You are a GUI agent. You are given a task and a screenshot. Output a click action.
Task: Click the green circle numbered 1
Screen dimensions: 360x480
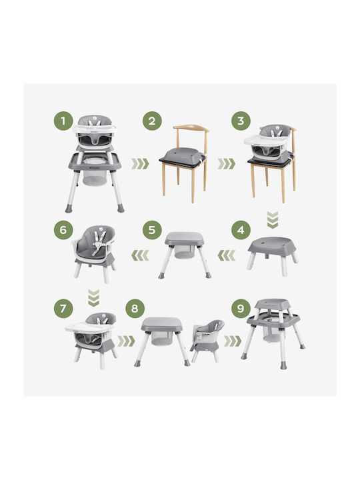click(x=63, y=121)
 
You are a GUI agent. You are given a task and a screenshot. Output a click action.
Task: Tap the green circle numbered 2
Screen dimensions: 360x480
click(x=152, y=121)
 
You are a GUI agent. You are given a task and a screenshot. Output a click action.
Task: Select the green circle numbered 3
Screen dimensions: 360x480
click(x=241, y=121)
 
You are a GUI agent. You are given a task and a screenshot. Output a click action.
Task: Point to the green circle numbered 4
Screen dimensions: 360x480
click(x=241, y=230)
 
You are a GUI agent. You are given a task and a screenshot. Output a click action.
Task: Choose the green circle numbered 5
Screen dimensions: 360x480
click(x=152, y=230)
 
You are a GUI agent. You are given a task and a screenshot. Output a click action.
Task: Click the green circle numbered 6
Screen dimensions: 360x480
click(x=63, y=230)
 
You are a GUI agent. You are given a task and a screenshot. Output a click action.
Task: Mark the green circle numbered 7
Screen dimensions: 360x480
click(x=63, y=308)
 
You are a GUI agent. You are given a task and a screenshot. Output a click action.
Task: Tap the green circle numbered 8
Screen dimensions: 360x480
click(x=135, y=308)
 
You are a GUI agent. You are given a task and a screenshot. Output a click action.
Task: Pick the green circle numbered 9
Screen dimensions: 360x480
click(x=241, y=308)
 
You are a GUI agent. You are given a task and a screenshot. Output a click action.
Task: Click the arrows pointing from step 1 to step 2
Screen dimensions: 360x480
click(x=140, y=164)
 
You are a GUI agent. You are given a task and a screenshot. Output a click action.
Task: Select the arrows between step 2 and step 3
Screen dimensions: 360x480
click(x=227, y=164)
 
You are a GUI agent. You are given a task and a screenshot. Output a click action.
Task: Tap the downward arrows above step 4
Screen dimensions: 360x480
click(x=273, y=220)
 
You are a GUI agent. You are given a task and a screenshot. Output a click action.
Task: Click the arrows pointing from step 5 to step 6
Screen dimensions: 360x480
click(x=140, y=255)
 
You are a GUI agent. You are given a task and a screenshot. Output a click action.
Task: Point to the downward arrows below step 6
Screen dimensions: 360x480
click(x=94, y=298)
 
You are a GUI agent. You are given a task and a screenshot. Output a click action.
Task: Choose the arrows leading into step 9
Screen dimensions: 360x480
click(x=233, y=341)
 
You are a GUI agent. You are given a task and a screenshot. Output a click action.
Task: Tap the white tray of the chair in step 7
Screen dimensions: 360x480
click(x=89, y=327)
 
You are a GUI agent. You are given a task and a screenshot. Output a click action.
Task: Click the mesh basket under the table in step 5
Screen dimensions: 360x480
click(x=184, y=252)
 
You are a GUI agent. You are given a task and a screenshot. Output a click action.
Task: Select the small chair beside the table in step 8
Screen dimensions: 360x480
click(x=207, y=340)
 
